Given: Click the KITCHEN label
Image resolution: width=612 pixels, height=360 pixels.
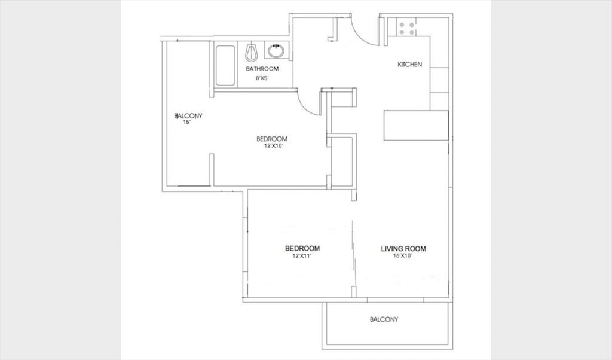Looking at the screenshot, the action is tap(409, 65).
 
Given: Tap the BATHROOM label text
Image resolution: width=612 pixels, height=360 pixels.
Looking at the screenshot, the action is tap(262, 69).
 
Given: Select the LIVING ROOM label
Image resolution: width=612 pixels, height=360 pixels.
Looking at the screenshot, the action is tap(403, 249).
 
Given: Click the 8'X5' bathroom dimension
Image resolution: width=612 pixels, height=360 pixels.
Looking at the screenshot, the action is tap(262, 78).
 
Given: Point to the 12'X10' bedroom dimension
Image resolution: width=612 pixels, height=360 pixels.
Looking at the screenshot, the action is tap(273, 146).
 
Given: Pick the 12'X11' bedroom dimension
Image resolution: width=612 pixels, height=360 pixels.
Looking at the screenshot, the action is tap(302, 257).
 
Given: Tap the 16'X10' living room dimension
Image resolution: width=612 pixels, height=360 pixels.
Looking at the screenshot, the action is tap(403, 257).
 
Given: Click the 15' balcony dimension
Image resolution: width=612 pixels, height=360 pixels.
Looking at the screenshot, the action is tap(186, 122).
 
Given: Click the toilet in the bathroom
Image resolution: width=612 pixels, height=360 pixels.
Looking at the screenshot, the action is tap(252, 52).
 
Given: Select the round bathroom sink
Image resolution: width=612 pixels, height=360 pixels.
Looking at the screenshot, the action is tap(276, 51).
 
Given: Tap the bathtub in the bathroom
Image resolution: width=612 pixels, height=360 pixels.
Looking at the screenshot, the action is tap(225, 66).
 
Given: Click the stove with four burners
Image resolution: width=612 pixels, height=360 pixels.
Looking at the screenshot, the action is tap(406, 28).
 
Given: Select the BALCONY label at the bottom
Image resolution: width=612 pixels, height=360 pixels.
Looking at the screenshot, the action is tap(384, 319).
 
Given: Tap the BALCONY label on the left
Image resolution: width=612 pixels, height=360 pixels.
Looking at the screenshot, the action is tap(188, 116).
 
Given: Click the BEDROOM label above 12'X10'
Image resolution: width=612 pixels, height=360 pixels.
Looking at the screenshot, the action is tap(272, 139).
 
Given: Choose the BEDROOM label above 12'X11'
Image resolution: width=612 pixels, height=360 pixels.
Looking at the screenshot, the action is tap(302, 248).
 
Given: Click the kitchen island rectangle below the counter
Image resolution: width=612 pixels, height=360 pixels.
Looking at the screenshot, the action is tap(416, 126).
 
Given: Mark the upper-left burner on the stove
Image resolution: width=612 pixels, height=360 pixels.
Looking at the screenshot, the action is tap(402, 25).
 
